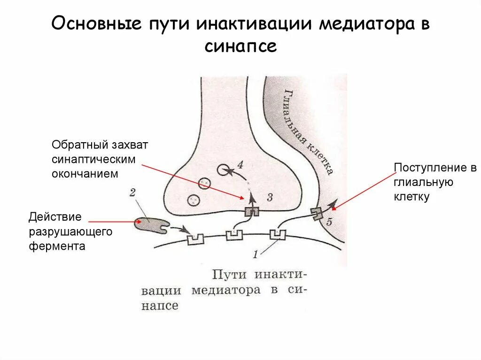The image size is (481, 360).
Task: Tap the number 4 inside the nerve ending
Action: [x=240, y=165]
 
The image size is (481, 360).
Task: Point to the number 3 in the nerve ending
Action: [x=269, y=197]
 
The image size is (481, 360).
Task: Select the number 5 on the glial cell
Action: [x=328, y=222]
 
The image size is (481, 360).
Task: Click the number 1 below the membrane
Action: [x=255, y=255]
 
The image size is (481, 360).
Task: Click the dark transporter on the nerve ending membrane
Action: [x=252, y=211]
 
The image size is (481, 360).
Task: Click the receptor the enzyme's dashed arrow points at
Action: [x=195, y=239]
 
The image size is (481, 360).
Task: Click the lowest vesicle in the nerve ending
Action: [x=193, y=199]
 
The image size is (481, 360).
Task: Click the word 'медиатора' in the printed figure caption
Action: [x=225, y=290]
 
